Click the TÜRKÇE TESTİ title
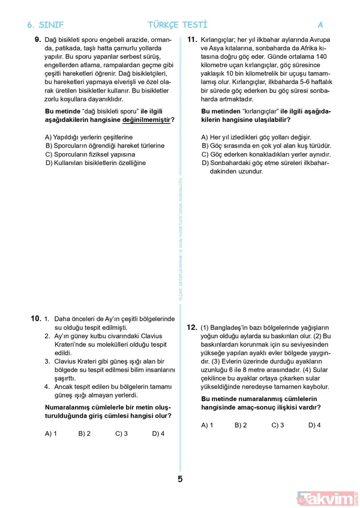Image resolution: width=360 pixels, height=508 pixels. click(x=178, y=25)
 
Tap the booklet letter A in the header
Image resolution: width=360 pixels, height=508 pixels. click(x=320, y=25)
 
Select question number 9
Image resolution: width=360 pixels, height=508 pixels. click(x=37, y=40)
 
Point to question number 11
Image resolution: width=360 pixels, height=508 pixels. click(x=193, y=40)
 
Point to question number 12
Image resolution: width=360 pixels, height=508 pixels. click(x=192, y=327)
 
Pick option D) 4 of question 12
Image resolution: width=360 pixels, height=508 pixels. click(x=314, y=425)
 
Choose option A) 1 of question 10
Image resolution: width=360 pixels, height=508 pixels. click(x=51, y=433)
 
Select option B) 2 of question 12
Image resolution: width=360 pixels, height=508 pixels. click(x=241, y=425)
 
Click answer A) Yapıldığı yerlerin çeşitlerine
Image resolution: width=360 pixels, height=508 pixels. click(x=89, y=137)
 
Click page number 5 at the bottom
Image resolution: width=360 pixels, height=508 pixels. click(x=180, y=479)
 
